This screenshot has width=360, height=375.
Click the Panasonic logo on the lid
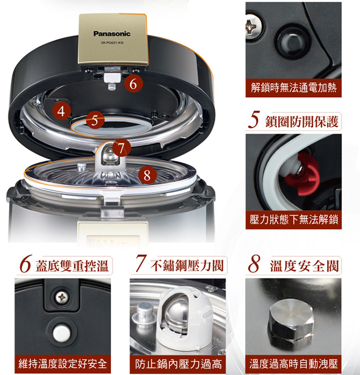[x=112, y=33]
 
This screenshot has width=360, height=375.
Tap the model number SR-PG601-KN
[x=112, y=43]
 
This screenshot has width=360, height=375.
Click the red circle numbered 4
[x=62, y=111]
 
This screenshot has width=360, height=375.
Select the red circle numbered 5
[x=95, y=120]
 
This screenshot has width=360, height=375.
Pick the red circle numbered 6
[x=134, y=84]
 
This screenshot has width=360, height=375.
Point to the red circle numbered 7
[x=121, y=148]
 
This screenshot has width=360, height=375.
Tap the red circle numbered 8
[x=148, y=175]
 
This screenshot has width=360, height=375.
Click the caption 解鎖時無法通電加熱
[x=294, y=88]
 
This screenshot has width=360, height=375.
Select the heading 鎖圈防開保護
[x=302, y=122]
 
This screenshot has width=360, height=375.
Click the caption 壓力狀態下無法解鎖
[x=294, y=219]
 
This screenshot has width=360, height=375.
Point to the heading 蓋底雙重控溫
[x=72, y=266]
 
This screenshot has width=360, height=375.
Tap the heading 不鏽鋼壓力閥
[x=187, y=266]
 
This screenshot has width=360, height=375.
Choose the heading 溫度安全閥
[x=304, y=266]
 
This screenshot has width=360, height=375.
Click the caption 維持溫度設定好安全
[x=62, y=364]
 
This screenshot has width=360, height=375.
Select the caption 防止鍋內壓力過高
[x=178, y=364]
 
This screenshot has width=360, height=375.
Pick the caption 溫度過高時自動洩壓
[x=294, y=364]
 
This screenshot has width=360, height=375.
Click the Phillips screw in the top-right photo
[x=254, y=26]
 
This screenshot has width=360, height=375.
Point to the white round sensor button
[x=62, y=333]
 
